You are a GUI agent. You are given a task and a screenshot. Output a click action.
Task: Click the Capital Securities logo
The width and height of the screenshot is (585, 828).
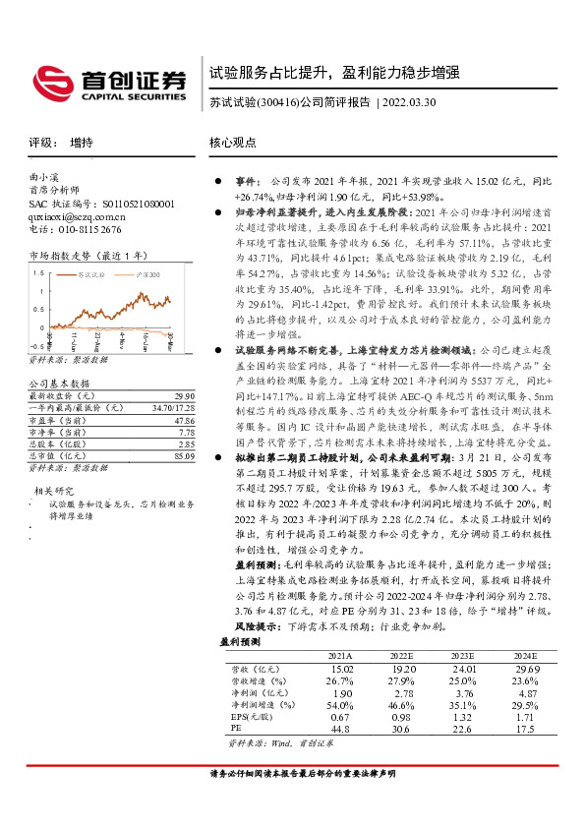[x=108, y=82]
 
